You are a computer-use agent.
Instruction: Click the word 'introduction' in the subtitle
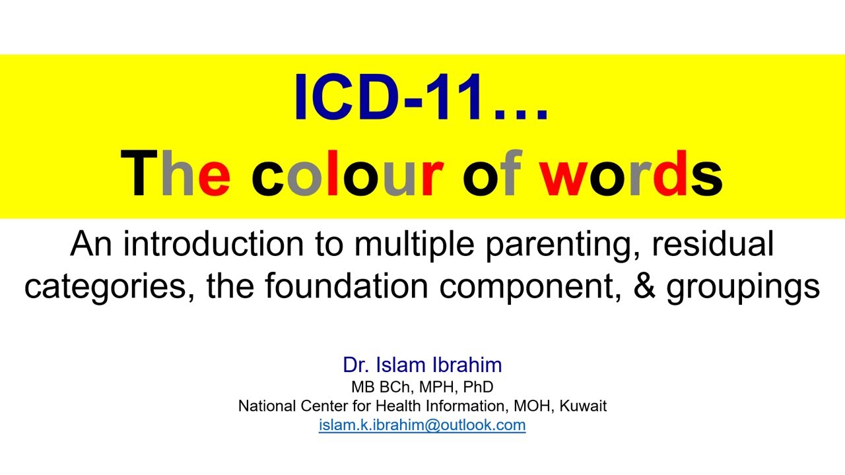click(x=233, y=245)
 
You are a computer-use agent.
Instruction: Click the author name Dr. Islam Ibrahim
click(x=422, y=365)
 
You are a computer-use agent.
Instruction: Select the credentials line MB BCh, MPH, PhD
click(x=422, y=387)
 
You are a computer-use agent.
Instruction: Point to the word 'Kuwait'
click(x=583, y=406)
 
